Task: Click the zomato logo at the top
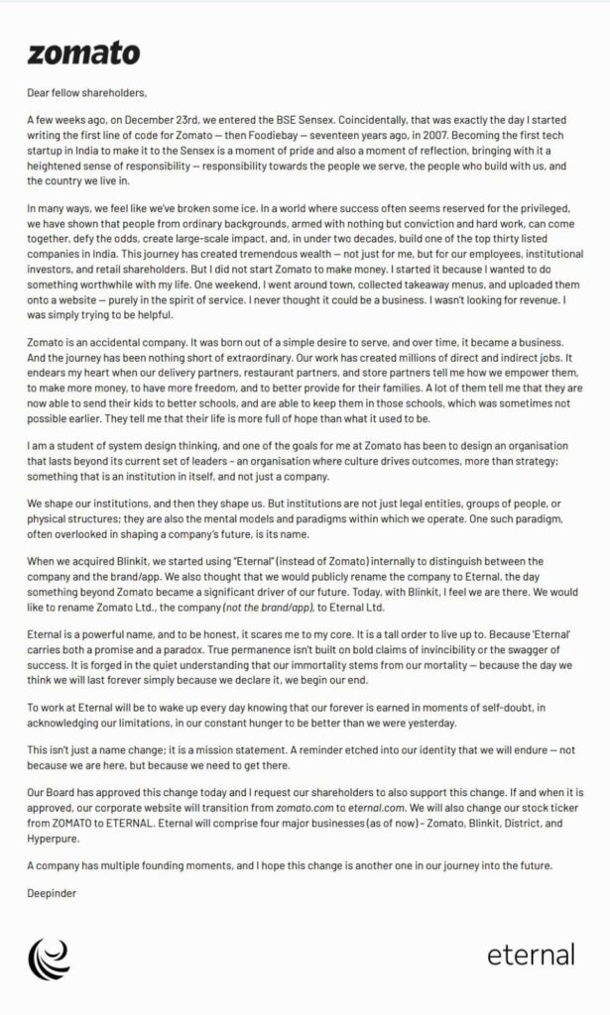[83, 54]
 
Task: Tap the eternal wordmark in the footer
[531, 955]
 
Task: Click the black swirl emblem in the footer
[49, 957]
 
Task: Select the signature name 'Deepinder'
[52, 892]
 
